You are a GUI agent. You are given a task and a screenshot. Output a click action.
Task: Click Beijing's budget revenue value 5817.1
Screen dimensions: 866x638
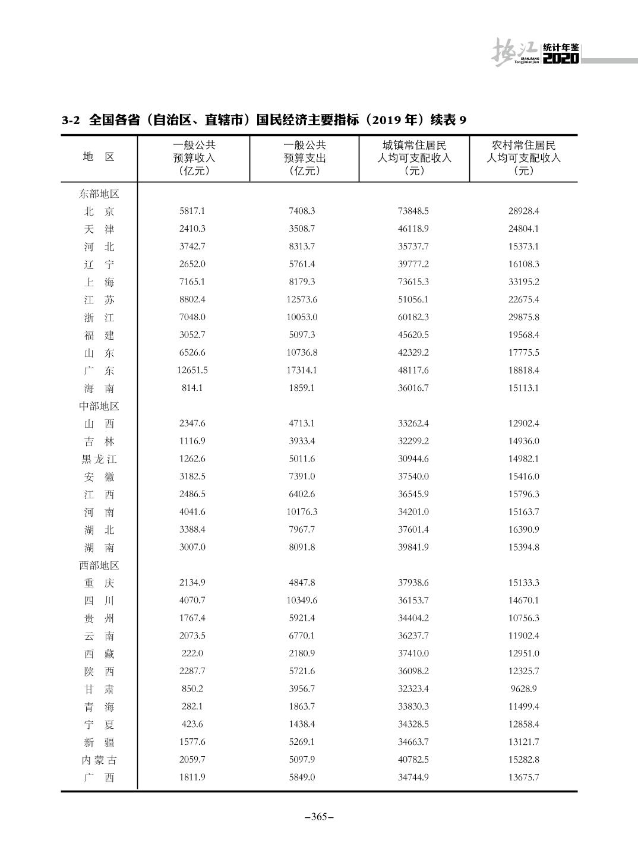(x=192, y=211)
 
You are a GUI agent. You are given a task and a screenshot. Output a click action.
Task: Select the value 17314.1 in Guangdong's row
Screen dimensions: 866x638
(x=302, y=370)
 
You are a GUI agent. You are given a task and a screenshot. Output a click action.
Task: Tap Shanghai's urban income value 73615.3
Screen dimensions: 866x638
(x=413, y=282)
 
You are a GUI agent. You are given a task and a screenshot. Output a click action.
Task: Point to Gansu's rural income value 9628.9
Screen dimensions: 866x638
(x=523, y=688)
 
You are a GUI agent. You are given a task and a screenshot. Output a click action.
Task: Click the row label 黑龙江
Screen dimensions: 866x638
(x=99, y=459)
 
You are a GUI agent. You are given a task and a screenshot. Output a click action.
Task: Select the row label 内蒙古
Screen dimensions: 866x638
(x=99, y=760)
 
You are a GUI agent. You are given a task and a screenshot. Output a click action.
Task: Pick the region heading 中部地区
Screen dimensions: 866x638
(x=99, y=406)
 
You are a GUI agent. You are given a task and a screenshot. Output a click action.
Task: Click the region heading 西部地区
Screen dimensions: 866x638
(x=99, y=565)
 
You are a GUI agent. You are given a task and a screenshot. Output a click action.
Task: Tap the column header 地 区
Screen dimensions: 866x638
(x=99, y=157)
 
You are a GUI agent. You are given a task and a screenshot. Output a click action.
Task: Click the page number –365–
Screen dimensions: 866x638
(x=319, y=817)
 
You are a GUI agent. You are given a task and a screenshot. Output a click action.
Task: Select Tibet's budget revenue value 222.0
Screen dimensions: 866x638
(x=192, y=653)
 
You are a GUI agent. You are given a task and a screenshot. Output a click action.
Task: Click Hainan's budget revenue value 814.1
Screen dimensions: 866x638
(x=192, y=388)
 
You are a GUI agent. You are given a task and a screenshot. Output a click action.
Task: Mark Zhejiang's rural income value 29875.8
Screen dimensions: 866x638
(x=523, y=317)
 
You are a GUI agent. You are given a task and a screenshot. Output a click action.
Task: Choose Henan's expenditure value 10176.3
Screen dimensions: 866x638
(x=302, y=511)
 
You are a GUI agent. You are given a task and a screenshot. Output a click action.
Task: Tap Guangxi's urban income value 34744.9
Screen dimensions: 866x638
(x=413, y=777)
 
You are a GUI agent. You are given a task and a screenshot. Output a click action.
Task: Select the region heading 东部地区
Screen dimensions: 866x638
(x=99, y=194)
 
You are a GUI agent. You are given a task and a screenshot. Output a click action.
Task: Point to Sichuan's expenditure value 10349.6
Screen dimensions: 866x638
(x=302, y=600)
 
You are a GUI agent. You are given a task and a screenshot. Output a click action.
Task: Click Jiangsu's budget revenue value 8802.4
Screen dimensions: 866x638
(x=192, y=299)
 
